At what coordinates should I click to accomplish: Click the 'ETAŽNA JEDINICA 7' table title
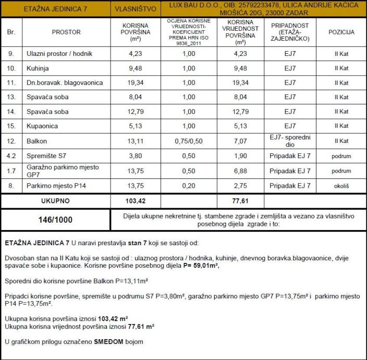click(55, 9)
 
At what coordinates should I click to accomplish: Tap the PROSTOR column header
click(66, 32)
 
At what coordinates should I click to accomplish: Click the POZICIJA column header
click(341, 32)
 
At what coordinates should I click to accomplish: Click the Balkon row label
click(36, 141)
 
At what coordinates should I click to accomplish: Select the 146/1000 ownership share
click(55, 220)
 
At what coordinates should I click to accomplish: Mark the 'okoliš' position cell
click(341, 185)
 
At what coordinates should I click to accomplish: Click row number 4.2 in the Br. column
click(11, 155)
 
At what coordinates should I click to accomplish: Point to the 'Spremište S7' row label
click(46, 155)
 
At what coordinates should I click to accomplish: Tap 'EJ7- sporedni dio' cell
click(290, 141)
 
